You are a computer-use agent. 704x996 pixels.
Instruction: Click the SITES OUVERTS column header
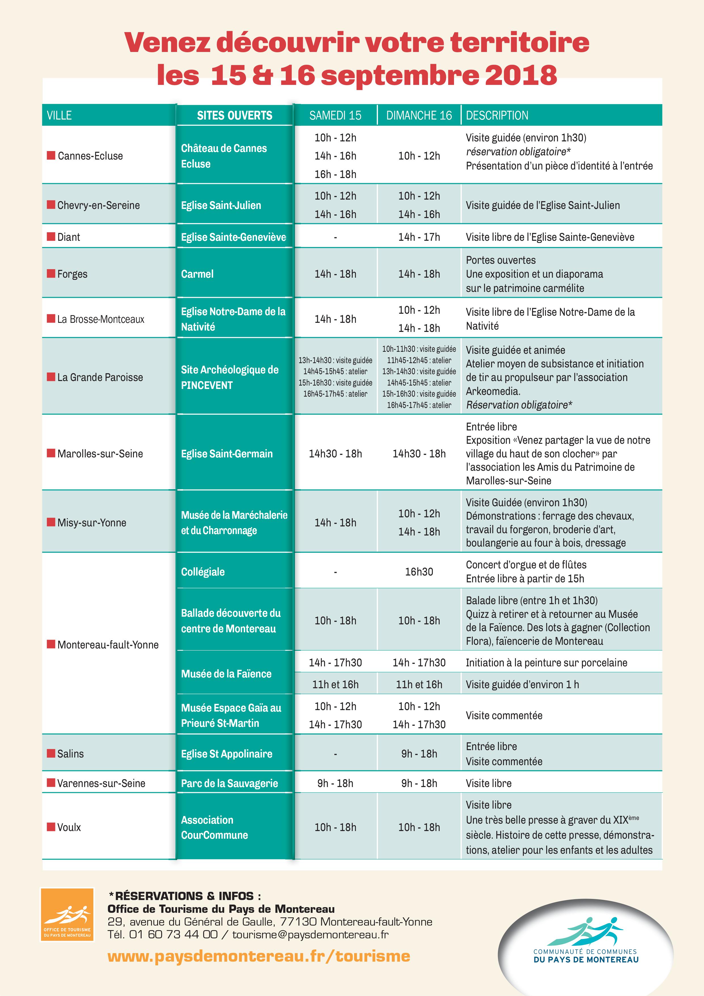234,115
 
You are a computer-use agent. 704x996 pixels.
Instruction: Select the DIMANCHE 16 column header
419,115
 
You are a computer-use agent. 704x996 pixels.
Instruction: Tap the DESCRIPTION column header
497,115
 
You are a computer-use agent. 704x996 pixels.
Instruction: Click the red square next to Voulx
51,826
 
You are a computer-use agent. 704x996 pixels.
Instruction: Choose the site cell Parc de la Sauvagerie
229,783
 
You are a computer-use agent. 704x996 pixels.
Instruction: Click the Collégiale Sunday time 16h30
419,572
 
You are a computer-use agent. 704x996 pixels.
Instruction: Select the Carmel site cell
197,274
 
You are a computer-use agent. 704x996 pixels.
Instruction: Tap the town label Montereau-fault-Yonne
108,645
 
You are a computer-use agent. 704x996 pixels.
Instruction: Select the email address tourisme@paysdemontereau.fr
310,934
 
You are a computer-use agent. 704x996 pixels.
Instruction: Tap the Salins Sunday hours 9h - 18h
419,754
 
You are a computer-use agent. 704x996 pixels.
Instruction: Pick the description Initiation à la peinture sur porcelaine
546,662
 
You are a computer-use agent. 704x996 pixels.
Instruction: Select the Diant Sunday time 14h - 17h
419,237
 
